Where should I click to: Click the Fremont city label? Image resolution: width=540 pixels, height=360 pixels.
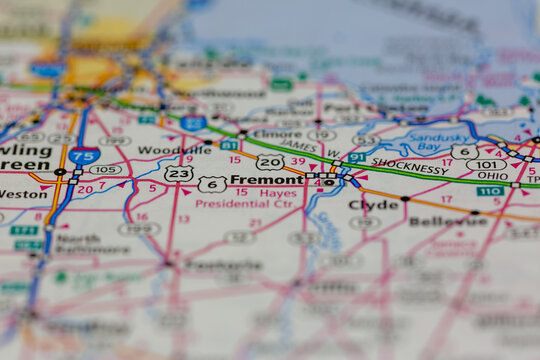point(265,181)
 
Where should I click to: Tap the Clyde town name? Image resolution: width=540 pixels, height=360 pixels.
point(373,205)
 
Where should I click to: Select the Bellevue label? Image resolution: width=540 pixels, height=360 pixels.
point(447,220)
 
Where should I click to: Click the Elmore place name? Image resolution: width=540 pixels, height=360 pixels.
point(278,133)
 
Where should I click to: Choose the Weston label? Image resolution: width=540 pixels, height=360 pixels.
point(22,193)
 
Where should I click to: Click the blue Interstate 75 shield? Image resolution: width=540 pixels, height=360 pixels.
point(84,156)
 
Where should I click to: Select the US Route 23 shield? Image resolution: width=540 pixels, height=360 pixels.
point(178,174)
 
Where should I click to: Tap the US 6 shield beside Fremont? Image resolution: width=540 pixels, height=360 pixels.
point(211,184)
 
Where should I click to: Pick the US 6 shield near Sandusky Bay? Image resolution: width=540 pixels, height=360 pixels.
point(463,151)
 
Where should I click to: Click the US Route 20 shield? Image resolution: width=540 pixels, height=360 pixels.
point(270,162)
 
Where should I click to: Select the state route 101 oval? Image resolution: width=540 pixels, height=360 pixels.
point(486,165)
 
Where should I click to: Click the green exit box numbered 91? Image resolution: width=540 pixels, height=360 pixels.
point(356,157)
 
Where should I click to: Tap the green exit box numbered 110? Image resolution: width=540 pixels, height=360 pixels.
point(489,191)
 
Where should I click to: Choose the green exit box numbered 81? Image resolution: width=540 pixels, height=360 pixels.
point(229,145)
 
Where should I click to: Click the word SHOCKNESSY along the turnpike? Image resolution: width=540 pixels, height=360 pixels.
point(409,169)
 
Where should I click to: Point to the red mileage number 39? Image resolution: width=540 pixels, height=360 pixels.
point(298,161)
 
